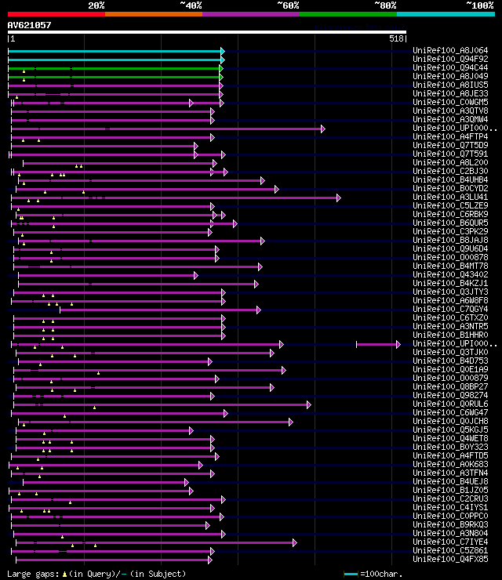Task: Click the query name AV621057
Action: tap(29, 25)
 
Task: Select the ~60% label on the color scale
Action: tap(288, 5)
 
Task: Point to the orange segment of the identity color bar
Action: tap(153, 14)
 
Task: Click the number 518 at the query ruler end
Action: tap(395, 38)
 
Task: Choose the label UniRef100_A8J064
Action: tap(450, 50)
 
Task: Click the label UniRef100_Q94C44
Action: tap(450, 67)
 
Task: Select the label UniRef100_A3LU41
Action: tap(450, 197)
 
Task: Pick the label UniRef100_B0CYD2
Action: tap(450, 188)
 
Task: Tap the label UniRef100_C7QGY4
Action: tap(450, 309)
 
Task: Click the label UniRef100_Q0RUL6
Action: tap(450, 404)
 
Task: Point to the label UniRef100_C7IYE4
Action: tap(450, 542)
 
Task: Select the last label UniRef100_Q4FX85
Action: tap(450, 559)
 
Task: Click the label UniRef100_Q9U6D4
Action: tap(450, 248)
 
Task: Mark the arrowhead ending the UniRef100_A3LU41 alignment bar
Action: tap(338, 198)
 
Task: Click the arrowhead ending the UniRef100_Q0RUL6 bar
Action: tap(308, 404)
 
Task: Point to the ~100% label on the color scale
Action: tap(479, 5)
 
